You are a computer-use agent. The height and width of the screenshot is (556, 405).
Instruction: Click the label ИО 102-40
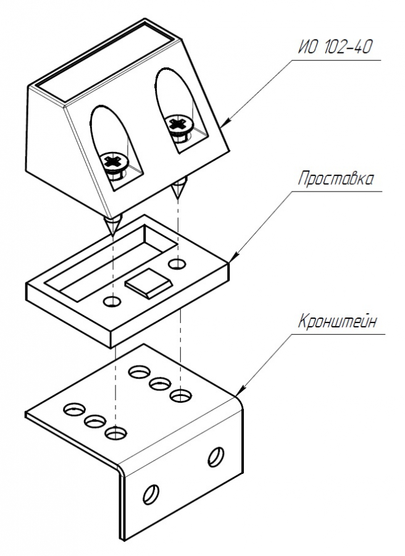pos(335,47)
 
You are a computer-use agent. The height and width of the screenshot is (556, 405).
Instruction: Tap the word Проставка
pos(335,179)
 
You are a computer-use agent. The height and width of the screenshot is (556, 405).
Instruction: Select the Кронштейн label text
pos(337,322)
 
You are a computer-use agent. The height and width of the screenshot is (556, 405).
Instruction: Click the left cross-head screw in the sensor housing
pos(114,164)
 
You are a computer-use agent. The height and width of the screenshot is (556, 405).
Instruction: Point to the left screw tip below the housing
pos(113,225)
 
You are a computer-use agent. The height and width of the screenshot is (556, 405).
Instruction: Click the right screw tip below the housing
pos(179,187)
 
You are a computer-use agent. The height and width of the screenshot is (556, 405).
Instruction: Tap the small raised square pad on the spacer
pos(148,282)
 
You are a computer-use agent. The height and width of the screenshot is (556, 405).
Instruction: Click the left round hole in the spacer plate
pos(112,301)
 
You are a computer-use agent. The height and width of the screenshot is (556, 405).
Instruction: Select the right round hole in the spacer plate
pos(177,263)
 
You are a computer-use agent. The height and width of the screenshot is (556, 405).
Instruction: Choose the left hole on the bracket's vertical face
pos(151,494)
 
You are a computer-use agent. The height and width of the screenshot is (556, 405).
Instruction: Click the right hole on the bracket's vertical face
pos(216,457)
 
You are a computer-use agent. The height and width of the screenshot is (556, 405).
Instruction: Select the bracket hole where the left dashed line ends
pos(115,432)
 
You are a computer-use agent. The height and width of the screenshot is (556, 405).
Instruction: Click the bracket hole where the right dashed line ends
pos(181,395)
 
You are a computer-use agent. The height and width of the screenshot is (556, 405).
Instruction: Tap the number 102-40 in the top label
pos(348,47)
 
